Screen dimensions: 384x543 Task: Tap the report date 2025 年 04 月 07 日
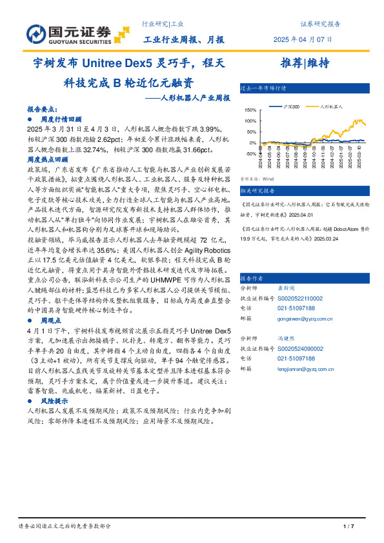click(x=310, y=39)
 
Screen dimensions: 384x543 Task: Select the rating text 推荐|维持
click(x=305, y=63)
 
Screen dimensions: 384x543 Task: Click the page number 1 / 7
click(x=349, y=526)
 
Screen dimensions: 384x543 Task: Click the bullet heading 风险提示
click(x=54, y=400)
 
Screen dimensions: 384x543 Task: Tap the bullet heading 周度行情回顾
click(x=61, y=119)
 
